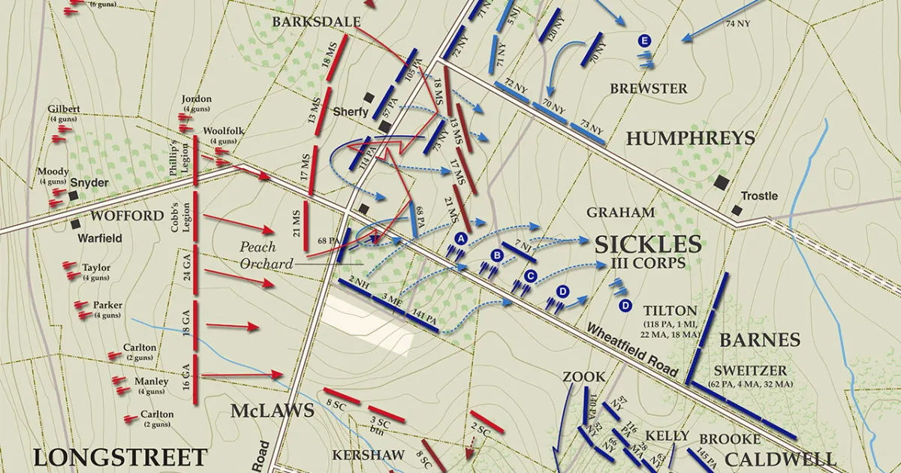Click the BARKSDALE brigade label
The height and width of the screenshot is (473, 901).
tap(316, 22)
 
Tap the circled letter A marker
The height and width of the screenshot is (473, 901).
tap(461, 238)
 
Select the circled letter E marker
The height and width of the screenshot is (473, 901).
tap(643, 41)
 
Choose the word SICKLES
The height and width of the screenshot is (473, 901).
tap(648, 243)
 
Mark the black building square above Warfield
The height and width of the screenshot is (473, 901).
tap(76, 223)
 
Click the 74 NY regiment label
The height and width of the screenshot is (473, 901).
tap(738, 24)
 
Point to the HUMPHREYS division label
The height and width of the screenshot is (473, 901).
tap(690, 138)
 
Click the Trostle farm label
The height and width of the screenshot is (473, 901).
tap(759, 196)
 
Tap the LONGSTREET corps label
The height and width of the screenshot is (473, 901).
tap(119, 456)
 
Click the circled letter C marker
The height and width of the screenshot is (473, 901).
tap(530, 276)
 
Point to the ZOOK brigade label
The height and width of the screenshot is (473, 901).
tap(583, 376)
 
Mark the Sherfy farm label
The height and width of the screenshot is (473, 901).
tap(351, 113)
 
